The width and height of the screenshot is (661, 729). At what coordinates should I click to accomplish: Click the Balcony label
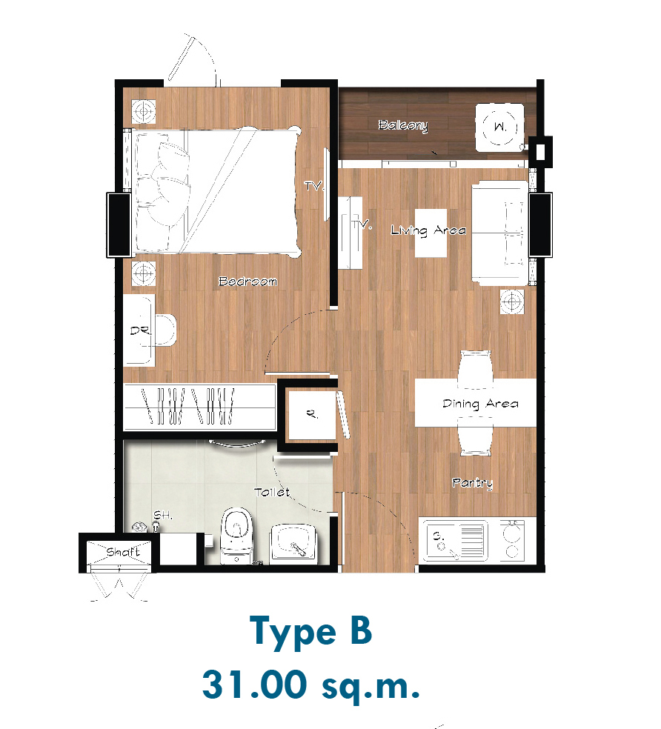[x=403, y=125]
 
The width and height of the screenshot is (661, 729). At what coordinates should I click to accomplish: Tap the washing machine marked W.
[x=499, y=127]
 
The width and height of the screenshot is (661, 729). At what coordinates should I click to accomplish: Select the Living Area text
[x=428, y=230]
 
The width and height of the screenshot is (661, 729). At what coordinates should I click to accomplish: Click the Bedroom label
[x=248, y=282]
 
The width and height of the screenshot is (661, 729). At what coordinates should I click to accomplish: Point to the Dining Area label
[x=480, y=404]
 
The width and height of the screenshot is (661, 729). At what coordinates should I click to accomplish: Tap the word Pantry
[x=472, y=483]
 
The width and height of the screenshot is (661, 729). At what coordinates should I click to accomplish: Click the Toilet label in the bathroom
[x=272, y=492]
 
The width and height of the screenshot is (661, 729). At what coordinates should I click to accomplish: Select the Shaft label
[x=123, y=552]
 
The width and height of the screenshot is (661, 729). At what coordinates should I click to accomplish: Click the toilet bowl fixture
[x=236, y=535]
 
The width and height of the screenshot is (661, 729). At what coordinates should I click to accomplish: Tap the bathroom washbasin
[x=293, y=544]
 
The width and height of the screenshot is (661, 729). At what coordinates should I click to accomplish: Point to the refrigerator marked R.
[x=312, y=414]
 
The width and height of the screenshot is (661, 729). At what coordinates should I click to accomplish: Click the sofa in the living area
[x=499, y=233]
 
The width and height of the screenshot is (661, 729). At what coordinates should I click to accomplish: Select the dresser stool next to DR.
[x=165, y=330]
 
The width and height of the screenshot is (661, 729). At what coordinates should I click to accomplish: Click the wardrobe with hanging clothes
[x=199, y=407]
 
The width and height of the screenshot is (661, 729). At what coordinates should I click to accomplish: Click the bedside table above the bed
[x=143, y=112]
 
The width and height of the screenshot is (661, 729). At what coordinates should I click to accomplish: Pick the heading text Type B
[x=310, y=632]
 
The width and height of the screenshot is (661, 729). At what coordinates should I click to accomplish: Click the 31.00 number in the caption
[x=255, y=685]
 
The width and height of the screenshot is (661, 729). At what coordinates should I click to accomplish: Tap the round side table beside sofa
[x=511, y=302]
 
